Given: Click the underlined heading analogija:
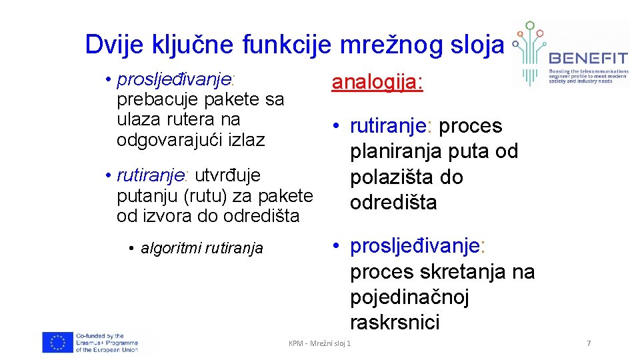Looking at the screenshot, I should click(377, 83).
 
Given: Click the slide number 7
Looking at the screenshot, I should click(588, 343).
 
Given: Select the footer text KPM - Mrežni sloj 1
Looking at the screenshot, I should click(319, 343).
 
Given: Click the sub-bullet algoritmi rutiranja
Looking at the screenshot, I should click(201, 249).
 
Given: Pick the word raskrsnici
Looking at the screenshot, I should click(395, 323).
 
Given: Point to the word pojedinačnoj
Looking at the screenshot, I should click(409, 297).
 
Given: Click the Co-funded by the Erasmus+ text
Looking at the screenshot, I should click(107, 343).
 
